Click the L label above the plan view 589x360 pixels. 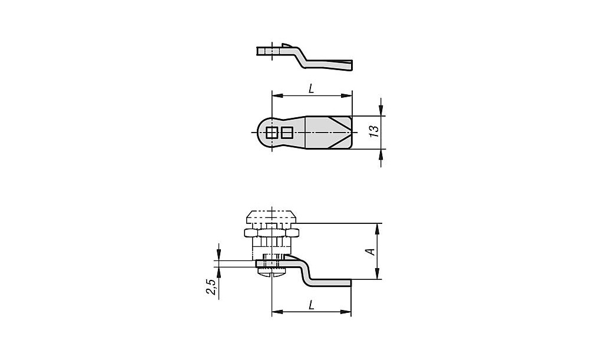coord(311,89)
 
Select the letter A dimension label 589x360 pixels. coord(371,252)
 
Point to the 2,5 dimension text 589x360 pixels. coord(211,287)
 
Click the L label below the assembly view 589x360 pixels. coord(311,306)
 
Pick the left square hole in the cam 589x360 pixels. coord(271,133)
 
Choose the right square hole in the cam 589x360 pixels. coord(287,133)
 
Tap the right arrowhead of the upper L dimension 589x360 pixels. coord(347,95)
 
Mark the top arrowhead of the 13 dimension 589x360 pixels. coord(381,111)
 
